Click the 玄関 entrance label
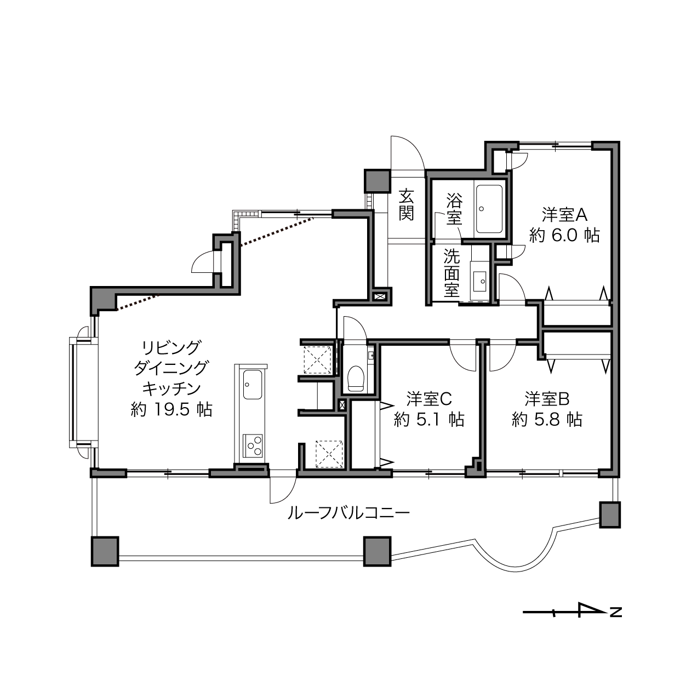tap(406, 205)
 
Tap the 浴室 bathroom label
tap(454, 209)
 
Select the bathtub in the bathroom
tap(489, 209)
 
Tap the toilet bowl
tap(356, 379)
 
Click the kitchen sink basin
tap(253, 385)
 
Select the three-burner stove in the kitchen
tap(253, 445)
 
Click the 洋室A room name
tap(564, 215)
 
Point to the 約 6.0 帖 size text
tap(564, 235)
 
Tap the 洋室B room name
tap(547, 399)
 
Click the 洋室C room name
tap(429, 399)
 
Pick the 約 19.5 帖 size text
tap(171, 409)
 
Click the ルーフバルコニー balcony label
tap(348, 513)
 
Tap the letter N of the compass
tap(616, 612)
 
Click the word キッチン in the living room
tap(171, 388)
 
